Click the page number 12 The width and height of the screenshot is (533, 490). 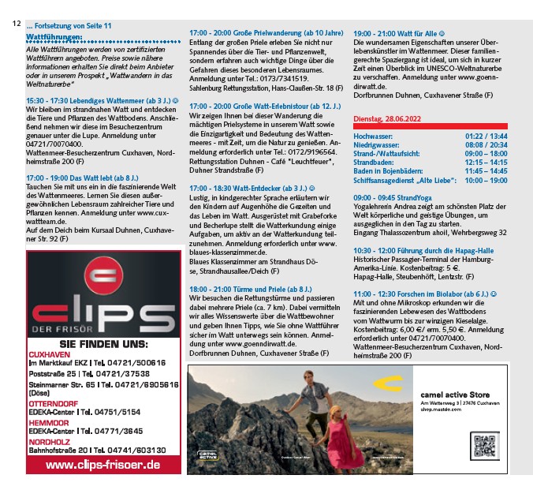coord(16,24)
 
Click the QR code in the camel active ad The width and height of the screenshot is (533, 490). coord(484,446)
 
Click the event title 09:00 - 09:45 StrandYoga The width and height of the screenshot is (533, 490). coord(392,197)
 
